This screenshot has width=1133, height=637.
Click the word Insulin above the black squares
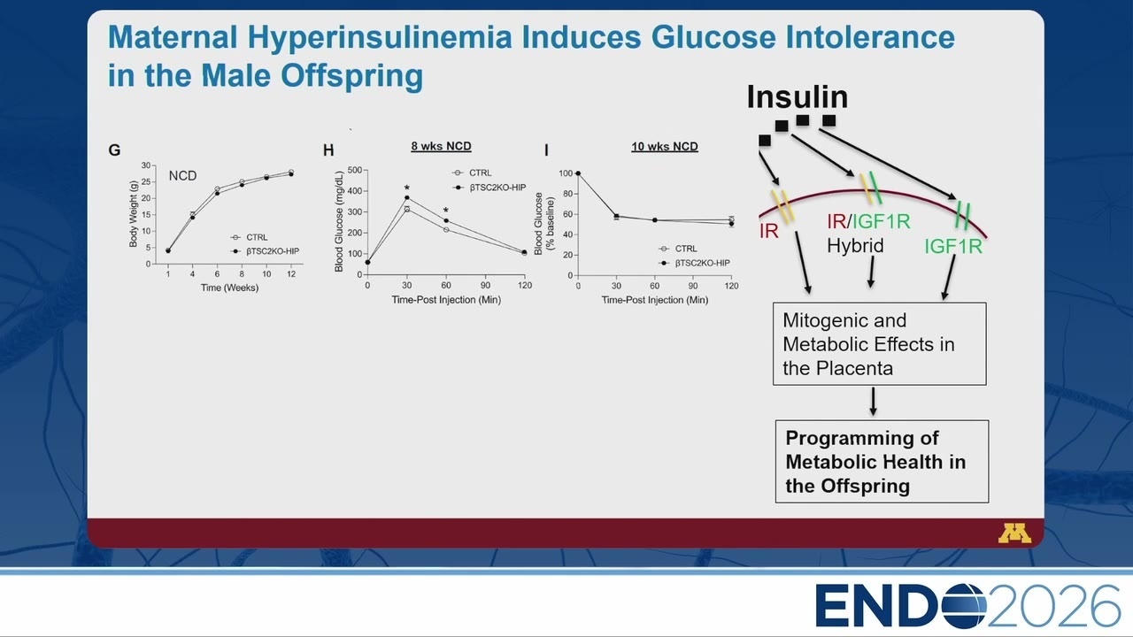click(x=798, y=96)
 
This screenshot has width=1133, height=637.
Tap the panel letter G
click(x=114, y=150)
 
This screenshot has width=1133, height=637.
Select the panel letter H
click(x=328, y=150)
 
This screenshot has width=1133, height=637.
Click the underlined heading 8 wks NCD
click(x=441, y=146)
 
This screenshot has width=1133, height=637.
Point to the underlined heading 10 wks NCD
click(x=665, y=147)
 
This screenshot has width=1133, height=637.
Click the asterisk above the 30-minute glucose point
click(x=406, y=188)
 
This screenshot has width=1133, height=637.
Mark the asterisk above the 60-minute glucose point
click(x=445, y=211)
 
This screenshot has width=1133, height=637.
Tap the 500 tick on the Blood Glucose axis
click(x=355, y=171)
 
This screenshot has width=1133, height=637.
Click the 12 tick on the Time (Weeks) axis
click(x=291, y=274)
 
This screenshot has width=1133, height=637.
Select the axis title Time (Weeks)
click(x=229, y=288)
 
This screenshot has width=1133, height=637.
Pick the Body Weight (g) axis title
click(x=134, y=214)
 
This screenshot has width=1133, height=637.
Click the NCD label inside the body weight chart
click(x=182, y=176)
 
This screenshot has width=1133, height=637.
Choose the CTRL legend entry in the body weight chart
click(x=250, y=237)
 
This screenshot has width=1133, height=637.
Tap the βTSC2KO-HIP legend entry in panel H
click(x=489, y=188)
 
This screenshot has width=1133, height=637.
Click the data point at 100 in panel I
click(x=578, y=173)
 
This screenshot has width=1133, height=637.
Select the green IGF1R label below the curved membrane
click(x=953, y=247)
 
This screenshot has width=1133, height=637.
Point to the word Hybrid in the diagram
click(x=855, y=246)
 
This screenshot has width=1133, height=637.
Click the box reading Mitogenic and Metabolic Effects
click(x=880, y=344)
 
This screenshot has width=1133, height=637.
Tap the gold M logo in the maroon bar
click(x=1014, y=533)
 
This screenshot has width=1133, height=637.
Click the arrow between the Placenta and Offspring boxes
click(x=873, y=402)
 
